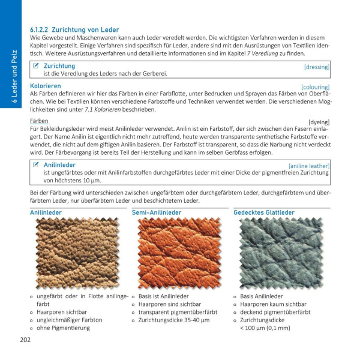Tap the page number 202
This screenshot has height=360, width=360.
(25, 340)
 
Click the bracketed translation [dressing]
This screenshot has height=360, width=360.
(316, 67)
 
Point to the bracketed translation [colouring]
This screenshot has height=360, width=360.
(315, 87)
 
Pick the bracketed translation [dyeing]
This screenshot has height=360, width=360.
(319, 122)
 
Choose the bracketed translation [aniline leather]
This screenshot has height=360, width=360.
(308, 165)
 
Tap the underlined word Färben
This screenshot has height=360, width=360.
(39, 121)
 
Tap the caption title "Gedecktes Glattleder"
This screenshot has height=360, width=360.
(263, 212)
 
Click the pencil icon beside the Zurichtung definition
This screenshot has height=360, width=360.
(36, 65)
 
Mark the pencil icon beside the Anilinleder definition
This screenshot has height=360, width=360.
(36, 164)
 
